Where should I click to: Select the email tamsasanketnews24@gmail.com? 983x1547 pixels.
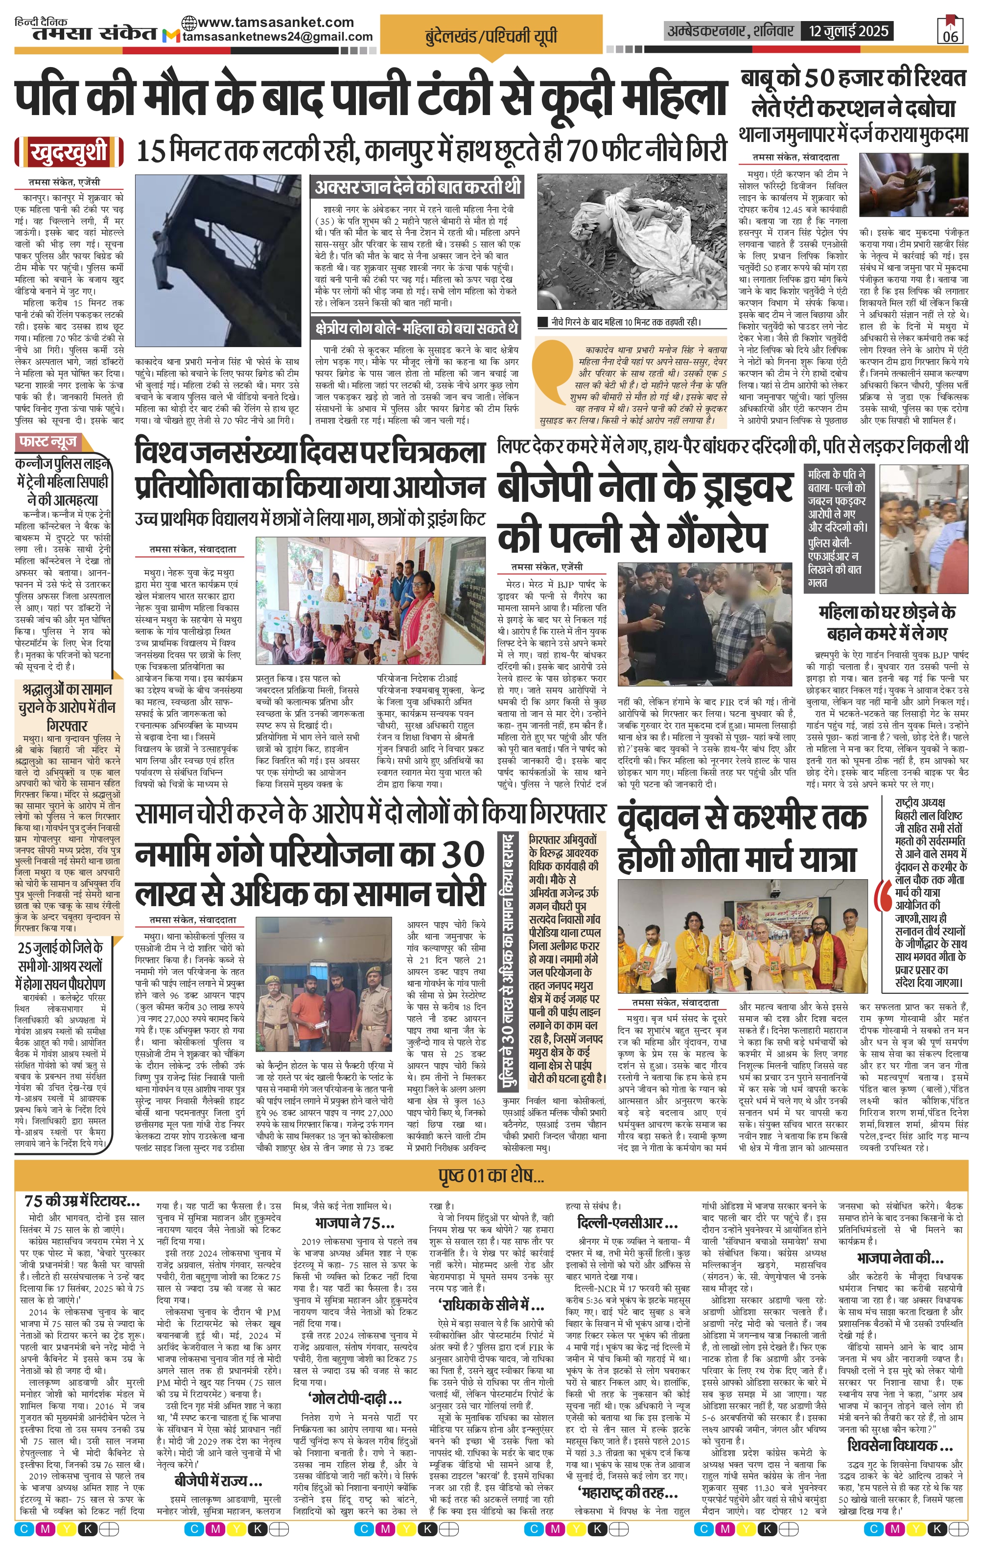point(277,37)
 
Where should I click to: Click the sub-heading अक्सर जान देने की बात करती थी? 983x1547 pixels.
point(418,188)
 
